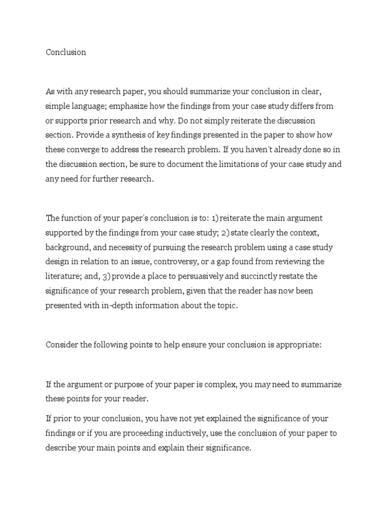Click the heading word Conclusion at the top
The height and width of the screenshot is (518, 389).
pos(66,52)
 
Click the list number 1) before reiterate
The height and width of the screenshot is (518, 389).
pos(216,219)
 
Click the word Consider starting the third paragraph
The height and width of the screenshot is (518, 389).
pos(62,345)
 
